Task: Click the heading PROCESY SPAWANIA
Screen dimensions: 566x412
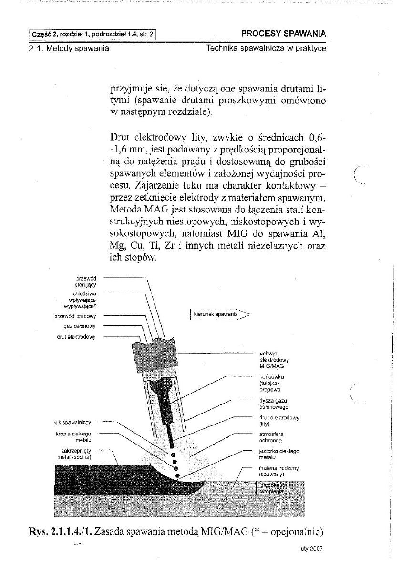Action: [x=284, y=34]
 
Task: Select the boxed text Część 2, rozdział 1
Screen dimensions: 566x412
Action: [x=93, y=34]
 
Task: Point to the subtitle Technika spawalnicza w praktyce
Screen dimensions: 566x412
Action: [x=266, y=48]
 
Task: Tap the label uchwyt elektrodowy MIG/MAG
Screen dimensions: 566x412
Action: [x=274, y=360]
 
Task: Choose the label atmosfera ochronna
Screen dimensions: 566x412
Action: [x=270, y=437]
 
